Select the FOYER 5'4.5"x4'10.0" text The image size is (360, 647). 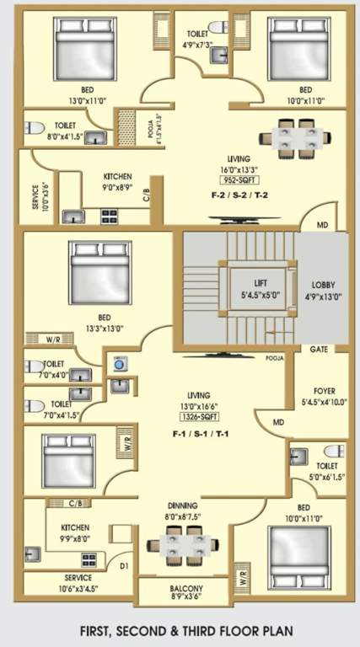[x=323, y=395]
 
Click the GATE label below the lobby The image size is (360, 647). [x=319, y=349]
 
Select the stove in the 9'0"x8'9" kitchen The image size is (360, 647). [x=110, y=216]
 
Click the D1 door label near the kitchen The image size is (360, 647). [x=124, y=565]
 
